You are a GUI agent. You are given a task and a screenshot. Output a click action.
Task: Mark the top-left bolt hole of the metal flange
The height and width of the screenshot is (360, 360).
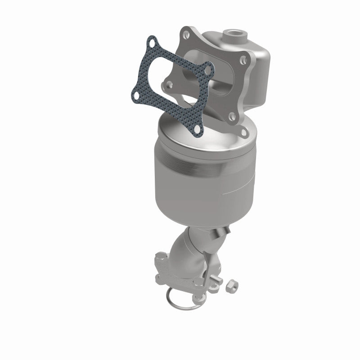[x=185, y=33]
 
